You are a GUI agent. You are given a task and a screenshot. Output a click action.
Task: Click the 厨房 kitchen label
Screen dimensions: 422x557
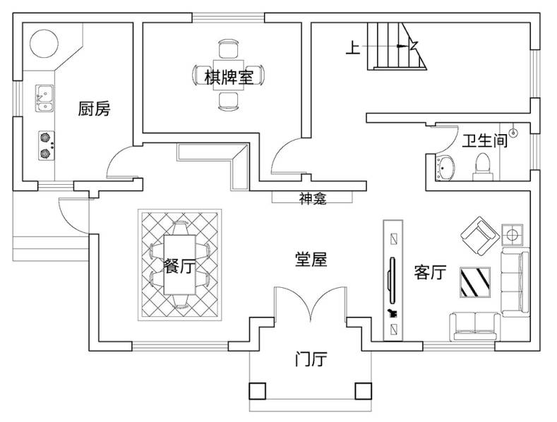pyautogui.click(x=94, y=109)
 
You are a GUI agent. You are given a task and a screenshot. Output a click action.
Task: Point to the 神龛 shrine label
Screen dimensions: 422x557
pyautogui.click(x=313, y=199)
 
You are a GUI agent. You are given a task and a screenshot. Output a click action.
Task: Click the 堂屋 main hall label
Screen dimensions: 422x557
pyautogui.click(x=311, y=260)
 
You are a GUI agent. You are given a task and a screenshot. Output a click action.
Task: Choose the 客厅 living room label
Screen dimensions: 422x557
pyautogui.click(x=430, y=272)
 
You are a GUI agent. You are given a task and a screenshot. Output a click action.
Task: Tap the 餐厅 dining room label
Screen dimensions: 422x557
pyautogui.click(x=179, y=267)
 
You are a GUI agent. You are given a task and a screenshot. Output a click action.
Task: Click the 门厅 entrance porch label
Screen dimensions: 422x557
pyautogui.click(x=310, y=360)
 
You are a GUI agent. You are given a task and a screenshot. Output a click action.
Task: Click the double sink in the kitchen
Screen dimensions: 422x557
pyautogui.click(x=44, y=98)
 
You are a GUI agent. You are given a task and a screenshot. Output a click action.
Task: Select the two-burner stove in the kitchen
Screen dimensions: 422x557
pyautogui.click(x=46, y=145)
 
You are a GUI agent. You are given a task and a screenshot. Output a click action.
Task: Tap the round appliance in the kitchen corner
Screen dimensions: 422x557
pyautogui.click(x=44, y=43)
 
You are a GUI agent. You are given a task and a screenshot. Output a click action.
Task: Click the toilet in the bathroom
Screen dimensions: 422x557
pyautogui.click(x=484, y=164)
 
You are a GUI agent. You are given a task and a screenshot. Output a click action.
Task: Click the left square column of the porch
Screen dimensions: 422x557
pyautogui.click(x=257, y=390)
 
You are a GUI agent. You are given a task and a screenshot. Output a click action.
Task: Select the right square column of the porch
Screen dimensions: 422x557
pyautogui.click(x=362, y=390)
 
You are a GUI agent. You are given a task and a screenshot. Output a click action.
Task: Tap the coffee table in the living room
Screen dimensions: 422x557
pyautogui.click(x=475, y=282)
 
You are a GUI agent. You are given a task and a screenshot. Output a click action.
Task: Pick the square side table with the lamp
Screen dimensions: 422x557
pyautogui.click(x=513, y=233)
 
